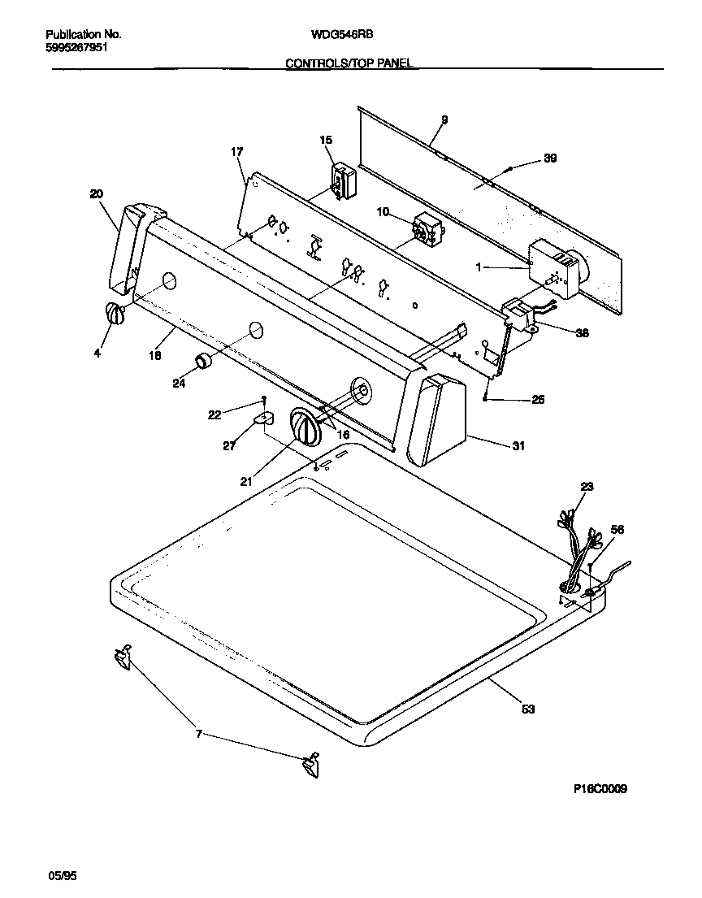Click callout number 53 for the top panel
coord(528,709)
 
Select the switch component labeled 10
coord(425,228)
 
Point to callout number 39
coord(550,158)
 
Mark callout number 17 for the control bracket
coord(236,152)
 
